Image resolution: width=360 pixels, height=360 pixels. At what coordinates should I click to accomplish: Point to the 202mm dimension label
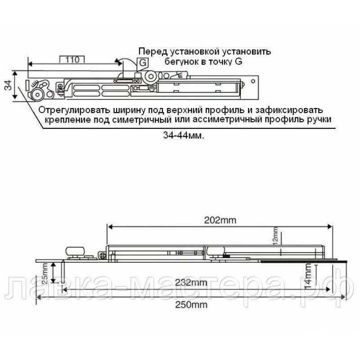click(220, 220)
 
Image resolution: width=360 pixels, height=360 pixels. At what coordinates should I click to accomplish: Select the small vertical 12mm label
click(275, 236)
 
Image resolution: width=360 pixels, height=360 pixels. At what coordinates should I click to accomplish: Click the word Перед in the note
click(151, 51)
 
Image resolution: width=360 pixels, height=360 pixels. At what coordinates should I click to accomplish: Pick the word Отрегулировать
click(71, 110)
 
